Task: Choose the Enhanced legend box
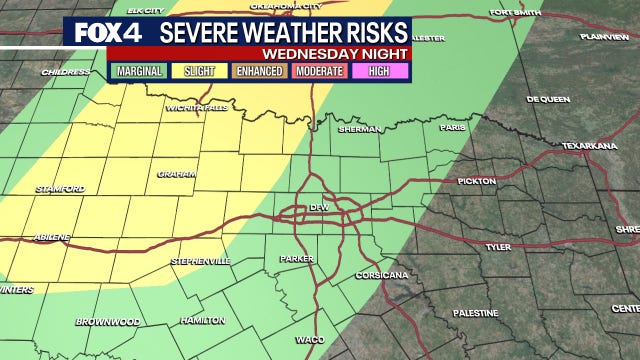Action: tap(259, 72)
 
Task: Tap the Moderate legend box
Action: tap(320, 72)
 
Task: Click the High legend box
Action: tap(380, 72)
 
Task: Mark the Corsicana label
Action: tap(381, 274)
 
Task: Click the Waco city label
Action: tap(308, 340)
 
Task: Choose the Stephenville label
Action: tap(201, 261)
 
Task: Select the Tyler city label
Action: tap(497, 245)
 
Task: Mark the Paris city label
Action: tap(456, 127)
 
